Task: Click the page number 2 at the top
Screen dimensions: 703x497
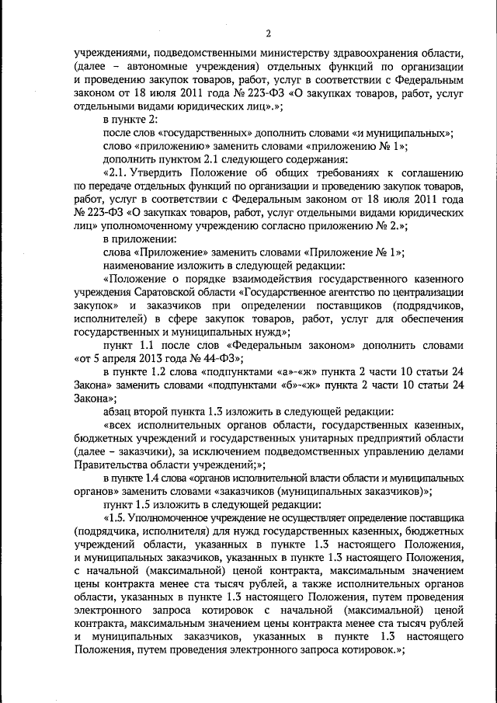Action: [x=268, y=33]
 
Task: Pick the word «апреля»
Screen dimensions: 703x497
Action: [x=123, y=357]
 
